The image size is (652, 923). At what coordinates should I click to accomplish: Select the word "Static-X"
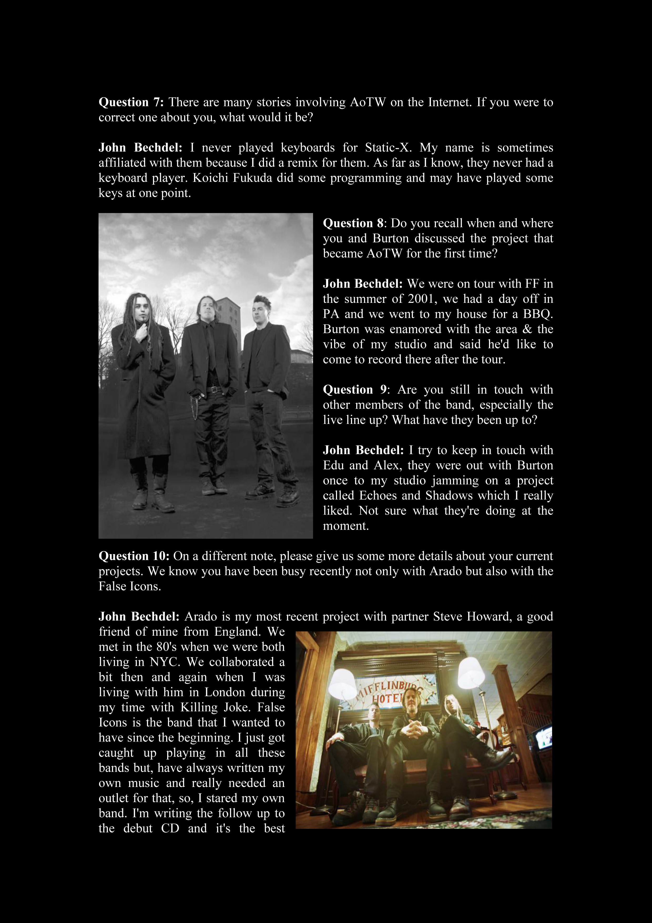click(x=388, y=148)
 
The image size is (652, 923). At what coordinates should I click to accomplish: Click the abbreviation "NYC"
click(x=164, y=662)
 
